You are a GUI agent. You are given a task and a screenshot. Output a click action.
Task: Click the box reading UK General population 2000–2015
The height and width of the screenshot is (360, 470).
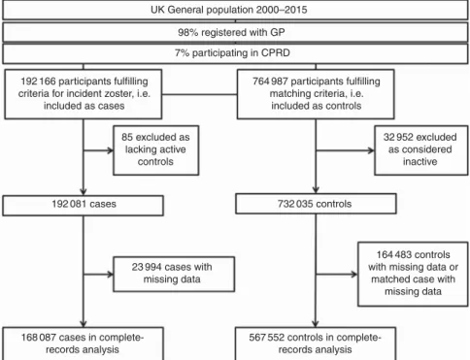click(x=235, y=10)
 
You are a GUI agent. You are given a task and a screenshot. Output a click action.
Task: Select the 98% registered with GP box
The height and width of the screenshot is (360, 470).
click(x=235, y=32)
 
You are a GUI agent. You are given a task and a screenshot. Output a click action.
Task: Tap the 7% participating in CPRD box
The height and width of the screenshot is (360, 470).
click(x=235, y=53)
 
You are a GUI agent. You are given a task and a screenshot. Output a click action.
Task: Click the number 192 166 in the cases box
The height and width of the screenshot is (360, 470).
click(x=38, y=82)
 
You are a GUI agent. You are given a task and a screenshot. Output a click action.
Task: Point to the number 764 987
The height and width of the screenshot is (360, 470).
click(x=270, y=82)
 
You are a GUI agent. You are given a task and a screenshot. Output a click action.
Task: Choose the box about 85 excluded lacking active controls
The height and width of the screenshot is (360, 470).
click(x=155, y=150)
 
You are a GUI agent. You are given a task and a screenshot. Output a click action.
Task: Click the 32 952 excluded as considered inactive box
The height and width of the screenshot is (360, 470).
click(x=421, y=150)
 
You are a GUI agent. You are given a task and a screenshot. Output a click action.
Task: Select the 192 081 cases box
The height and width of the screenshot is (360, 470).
click(x=83, y=205)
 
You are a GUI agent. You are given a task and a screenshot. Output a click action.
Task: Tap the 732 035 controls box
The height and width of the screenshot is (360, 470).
click(x=316, y=204)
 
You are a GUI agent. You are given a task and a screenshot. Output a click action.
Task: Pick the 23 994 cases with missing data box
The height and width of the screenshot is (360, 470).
click(x=174, y=275)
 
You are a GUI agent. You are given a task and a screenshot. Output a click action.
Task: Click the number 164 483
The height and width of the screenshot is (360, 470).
click(x=393, y=255)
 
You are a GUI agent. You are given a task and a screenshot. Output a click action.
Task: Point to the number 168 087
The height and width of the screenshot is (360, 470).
click(x=39, y=338)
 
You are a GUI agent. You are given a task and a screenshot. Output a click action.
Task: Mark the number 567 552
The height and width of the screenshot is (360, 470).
click(x=266, y=338)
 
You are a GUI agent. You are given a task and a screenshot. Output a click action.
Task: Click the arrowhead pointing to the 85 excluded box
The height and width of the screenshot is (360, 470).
click(x=111, y=150)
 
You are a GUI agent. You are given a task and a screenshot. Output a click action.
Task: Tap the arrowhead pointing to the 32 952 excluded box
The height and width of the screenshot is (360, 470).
click(x=371, y=150)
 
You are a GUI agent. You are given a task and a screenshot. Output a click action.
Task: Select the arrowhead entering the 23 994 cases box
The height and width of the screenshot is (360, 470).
click(x=111, y=275)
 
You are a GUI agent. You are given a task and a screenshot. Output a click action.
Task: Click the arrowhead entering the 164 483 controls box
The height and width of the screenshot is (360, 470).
click(x=354, y=275)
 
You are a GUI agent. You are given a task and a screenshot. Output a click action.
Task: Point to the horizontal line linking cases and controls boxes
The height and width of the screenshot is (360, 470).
click(x=199, y=94)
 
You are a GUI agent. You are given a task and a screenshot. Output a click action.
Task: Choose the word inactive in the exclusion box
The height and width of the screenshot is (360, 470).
click(x=420, y=161)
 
